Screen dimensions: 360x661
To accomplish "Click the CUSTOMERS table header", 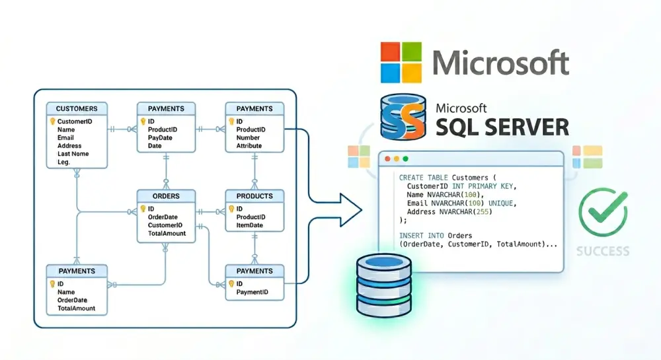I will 77,108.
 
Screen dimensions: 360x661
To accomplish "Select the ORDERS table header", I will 166,196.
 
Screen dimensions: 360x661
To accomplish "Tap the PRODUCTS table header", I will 254,196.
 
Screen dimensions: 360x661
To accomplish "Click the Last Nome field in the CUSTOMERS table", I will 73,154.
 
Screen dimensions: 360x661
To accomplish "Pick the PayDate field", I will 159,137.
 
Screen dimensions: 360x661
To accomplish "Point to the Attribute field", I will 249,146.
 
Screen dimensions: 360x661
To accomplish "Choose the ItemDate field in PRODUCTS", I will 249,225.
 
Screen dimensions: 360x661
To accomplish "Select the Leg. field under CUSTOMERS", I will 64,162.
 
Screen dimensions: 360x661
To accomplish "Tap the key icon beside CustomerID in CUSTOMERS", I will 52,122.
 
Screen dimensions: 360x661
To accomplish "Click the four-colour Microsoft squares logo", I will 401,62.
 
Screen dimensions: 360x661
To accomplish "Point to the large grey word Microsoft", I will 500,63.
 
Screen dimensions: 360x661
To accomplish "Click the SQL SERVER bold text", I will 502,126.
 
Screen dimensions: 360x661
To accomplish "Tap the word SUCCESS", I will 602,251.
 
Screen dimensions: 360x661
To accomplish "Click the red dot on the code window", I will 387,159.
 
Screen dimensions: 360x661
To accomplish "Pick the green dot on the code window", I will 405,159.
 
